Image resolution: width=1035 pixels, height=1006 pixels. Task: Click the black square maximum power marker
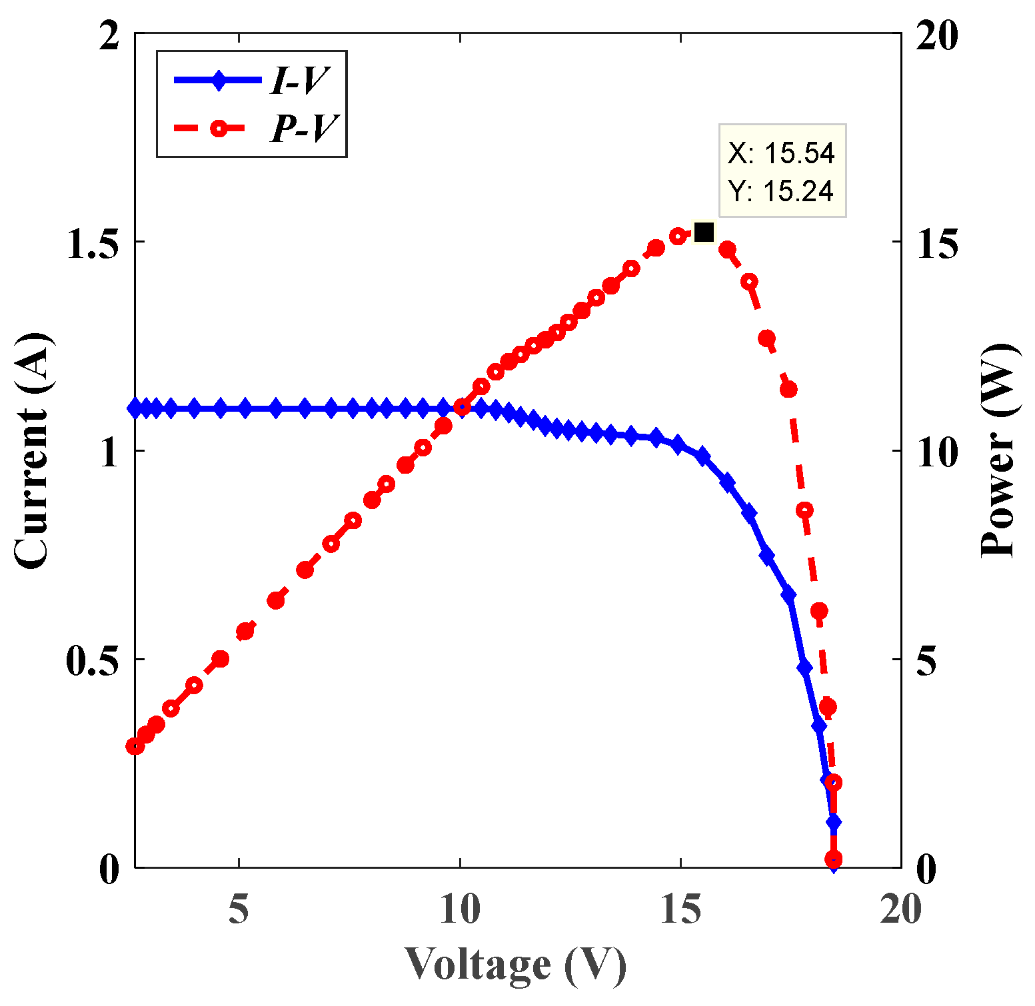click(x=704, y=233)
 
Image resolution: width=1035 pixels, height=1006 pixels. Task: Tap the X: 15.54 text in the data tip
click(x=781, y=153)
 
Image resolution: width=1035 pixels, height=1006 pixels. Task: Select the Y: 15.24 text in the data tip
click(x=781, y=191)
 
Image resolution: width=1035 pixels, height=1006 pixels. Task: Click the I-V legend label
click(x=299, y=81)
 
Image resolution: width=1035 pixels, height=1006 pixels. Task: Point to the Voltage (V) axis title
click(x=516, y=965)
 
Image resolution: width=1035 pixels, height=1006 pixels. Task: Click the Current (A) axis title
click(x=32, y=450)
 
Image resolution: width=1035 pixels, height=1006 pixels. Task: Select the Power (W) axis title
click(x=1000, y=450)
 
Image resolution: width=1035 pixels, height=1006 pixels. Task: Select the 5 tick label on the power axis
click(x=926, y=661)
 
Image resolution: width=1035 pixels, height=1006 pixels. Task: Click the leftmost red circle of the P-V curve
click(x=135, y=746)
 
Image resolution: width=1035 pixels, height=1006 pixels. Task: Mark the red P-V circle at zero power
click(x=833, y=859)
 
